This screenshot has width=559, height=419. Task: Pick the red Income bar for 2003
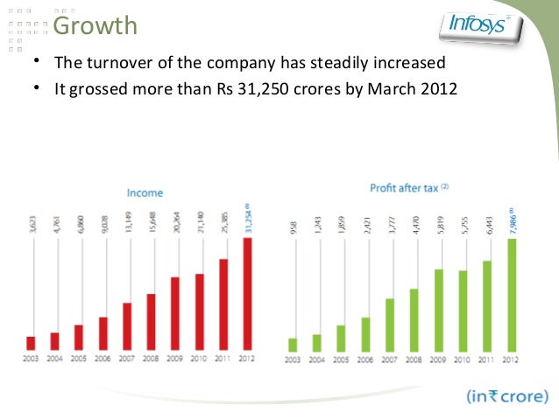coord(31,343)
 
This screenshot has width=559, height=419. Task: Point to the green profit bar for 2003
coord(293,344)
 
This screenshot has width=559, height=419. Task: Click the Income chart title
coord(145,192)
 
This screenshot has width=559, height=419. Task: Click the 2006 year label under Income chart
coord(103,359)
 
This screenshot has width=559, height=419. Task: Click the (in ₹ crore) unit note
coord(507,395)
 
